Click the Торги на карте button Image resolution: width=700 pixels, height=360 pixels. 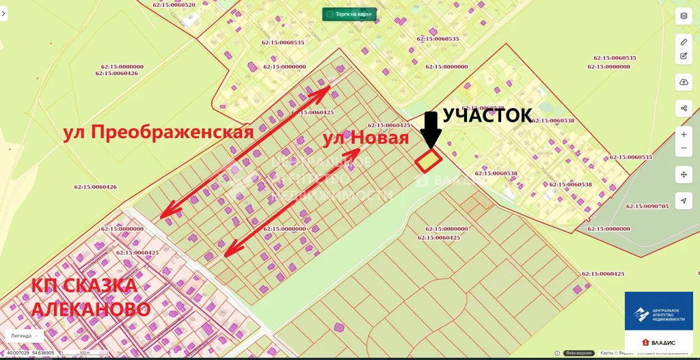click(x=349, y=14)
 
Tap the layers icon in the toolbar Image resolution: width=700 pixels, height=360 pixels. click(x=684, y=16)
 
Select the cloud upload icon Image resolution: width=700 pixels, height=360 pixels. click(x=684, y=83)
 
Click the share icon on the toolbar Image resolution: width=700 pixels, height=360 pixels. click(x=684, y=108)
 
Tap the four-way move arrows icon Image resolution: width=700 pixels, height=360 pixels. click(x=684, y=174)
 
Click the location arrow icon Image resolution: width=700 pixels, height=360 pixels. click(x=684, y=201)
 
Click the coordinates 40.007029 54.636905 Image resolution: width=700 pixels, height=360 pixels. click(x=31, y=353)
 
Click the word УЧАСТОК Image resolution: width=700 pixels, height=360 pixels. click(x=487, y=115)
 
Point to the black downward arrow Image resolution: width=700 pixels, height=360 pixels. click(x=430, y=130)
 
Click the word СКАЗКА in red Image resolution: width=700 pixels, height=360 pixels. click(x=100, y=286)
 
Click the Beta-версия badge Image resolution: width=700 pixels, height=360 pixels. click(x=579, y=353)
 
